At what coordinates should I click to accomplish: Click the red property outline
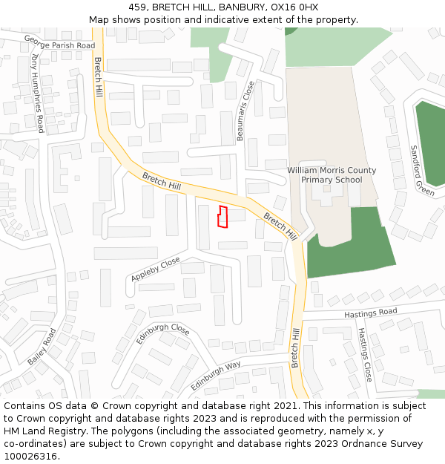221,216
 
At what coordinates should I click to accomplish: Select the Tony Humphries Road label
37,93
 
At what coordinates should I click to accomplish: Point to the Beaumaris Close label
245,111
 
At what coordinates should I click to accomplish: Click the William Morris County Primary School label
332,174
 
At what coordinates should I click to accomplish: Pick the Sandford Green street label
422,170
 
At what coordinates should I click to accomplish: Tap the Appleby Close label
156,269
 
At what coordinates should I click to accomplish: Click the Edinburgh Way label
215,376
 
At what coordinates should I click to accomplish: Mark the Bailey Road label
42,347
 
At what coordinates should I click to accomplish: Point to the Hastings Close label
365,355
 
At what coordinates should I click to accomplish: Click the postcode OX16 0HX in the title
297,7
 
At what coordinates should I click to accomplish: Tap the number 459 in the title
137,7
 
